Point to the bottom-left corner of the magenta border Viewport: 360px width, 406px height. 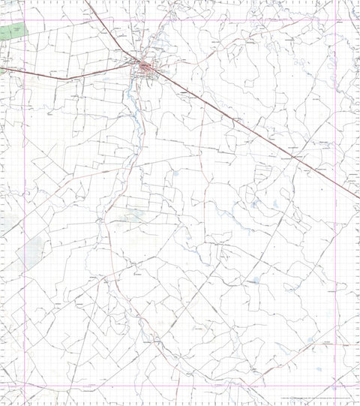(x=25, y=386)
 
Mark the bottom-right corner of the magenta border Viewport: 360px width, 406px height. (x=335, y=386)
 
